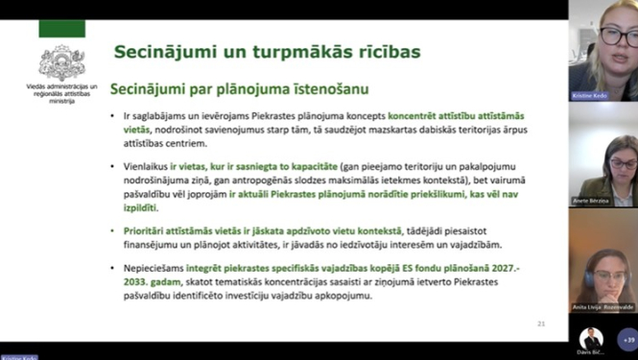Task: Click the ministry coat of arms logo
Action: pos(61,62)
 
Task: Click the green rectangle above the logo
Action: pos(61,29)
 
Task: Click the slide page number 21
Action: pos(541,324)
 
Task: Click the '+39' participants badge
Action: pos(628,339)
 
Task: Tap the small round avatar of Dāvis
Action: pos(591,338)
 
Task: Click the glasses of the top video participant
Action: pos(614,36)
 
